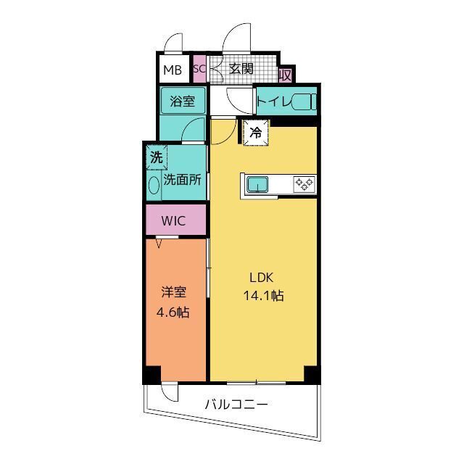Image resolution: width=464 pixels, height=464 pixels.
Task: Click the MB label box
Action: point(173,70)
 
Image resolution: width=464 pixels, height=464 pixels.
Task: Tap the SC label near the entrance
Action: point(199,70)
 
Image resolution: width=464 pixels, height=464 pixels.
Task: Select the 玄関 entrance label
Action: point(241,70)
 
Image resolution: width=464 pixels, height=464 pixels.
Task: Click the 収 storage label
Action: point(286,74)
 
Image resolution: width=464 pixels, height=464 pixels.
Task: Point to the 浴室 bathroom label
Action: point(182,101)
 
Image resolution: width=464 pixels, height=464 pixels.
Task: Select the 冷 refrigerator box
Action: point(255,133)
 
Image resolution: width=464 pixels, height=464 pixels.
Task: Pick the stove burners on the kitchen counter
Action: point(303,185)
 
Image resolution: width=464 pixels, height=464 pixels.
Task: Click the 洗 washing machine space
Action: point(156,157)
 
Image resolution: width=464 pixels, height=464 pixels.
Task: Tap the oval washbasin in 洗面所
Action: point(154,185)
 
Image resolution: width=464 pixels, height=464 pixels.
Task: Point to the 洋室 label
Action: point(174,292)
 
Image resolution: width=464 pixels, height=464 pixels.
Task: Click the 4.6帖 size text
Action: point(174,313)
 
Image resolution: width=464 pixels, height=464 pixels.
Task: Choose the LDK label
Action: point(262,278)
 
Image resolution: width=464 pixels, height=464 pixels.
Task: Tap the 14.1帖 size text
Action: point(262,296)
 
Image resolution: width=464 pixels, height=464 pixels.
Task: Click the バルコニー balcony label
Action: point(236,404)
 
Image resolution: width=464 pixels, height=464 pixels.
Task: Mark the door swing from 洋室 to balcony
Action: point(170,392)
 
